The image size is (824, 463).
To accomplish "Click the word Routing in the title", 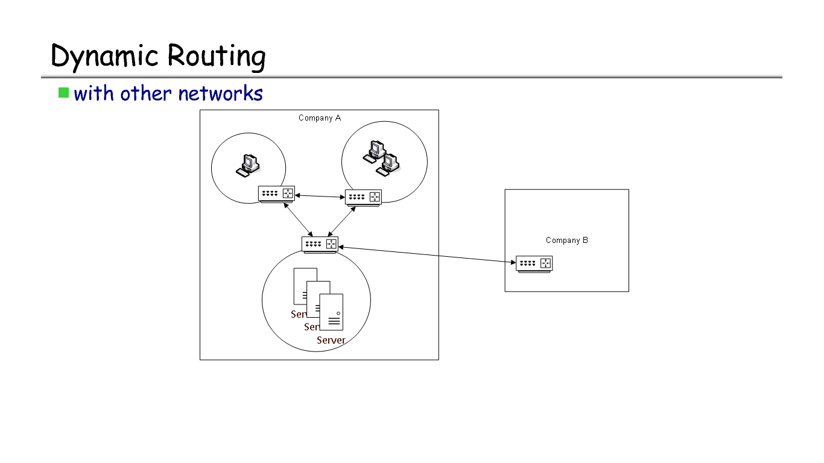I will pyautogui.click(x=216, y=56).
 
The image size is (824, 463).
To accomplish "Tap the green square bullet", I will pyautogui.click(x=63, y=93).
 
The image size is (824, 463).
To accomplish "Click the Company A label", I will pyautogui.click(x=320, y=118).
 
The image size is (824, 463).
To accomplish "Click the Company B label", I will pyautogui.click(x=566, y=240).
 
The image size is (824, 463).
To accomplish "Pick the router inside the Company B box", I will pyautogui.click(x=534, y=263).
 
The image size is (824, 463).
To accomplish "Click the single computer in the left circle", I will pyautogui.click(x=247, y=165).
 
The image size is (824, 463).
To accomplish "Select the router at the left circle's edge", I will pyautogui.click(x=276, y=194).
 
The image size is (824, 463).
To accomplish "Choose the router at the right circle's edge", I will pyautogui.click(x=363, y=197).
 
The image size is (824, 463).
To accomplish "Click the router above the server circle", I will pyautogui.click(x=320, y=244).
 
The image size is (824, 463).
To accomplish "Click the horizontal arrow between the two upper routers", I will pyautogui.click(x=320, y=195).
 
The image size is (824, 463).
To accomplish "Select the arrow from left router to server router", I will pyautogui.click(x=297, y=220).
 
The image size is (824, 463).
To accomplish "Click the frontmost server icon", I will pyautogui.click(x=331, y=312).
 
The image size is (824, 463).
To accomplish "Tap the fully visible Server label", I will pyautogui.click(x=331, y=340).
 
